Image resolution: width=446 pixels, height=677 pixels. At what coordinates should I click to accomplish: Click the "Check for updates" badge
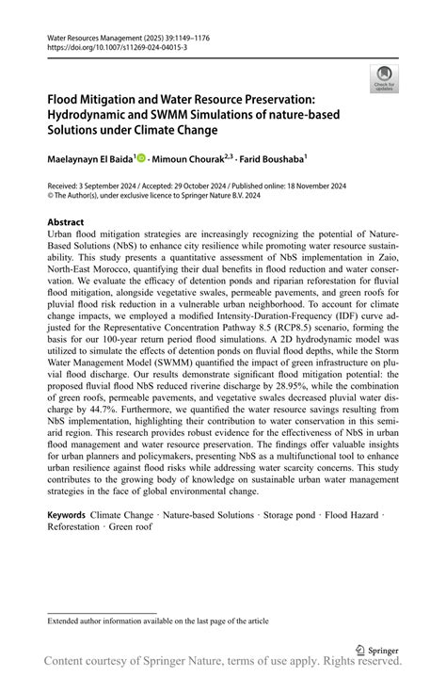pos(383,78)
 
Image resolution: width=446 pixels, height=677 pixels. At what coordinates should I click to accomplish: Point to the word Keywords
pos(67,517)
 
